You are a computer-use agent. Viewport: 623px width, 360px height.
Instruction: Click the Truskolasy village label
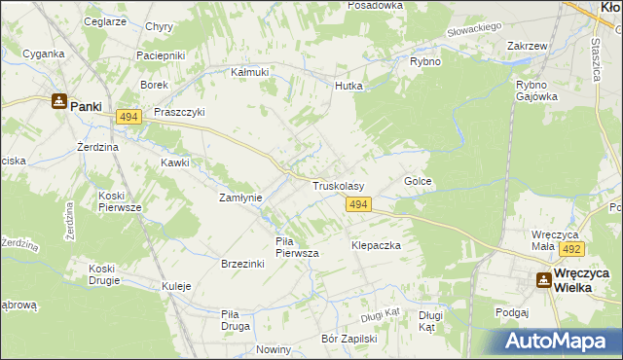[338, 185]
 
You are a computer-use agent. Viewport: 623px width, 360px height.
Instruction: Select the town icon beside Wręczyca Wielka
[543, 280]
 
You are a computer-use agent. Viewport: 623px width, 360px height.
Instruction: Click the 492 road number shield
[570, 249]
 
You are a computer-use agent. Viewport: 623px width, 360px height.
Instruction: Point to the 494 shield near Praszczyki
[128, 117]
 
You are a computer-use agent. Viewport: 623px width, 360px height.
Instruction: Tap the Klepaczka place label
[377, 246]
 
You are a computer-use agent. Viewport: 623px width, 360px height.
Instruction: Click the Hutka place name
[348, 86]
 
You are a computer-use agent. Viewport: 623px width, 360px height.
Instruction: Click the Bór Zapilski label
[348, 339]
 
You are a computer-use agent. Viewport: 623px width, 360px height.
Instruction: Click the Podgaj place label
[511, 312]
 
